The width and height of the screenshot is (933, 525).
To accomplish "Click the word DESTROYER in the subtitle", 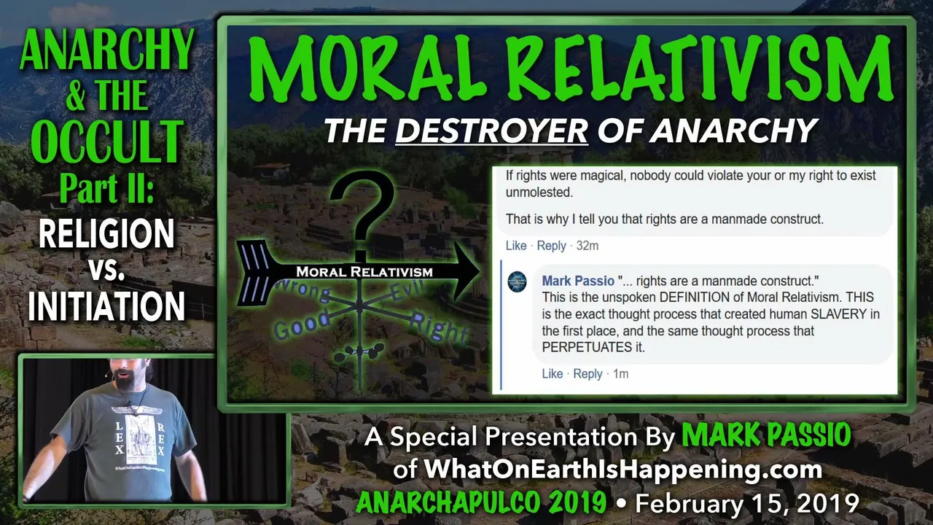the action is [x=491, y=131].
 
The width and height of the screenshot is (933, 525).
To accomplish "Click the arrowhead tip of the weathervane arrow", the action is [x=480, y=271].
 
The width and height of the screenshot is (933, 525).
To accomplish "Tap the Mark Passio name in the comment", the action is [x=578, y=281].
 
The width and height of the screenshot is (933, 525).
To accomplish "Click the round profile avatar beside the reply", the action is [x=517, y=281].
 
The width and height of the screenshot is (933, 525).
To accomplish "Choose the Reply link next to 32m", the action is [x=551, y=246].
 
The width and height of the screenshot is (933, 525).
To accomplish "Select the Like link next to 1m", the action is [x=553, y=374].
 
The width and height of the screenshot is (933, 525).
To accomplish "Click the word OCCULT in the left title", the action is [x=106, y=141].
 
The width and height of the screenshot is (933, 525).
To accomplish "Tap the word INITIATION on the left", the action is [x=106, y=306].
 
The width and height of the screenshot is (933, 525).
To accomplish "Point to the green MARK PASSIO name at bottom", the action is [x=766, y=435].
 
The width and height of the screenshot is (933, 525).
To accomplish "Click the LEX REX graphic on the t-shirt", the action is [x=139, y=438].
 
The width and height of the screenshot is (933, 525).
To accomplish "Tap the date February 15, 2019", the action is [x=747, y=503].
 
